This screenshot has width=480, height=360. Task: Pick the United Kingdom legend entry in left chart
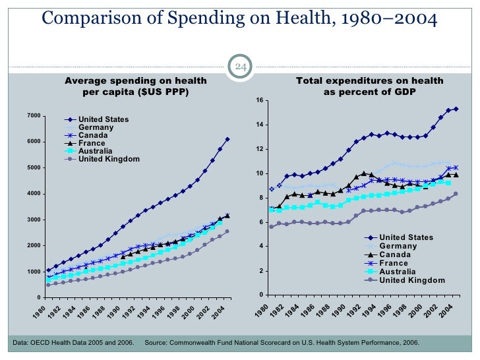[108, 159]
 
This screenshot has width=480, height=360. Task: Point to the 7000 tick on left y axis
[32, 116]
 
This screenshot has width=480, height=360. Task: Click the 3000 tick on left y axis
[32, 220]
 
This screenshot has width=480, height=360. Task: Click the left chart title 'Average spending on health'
[135, 81]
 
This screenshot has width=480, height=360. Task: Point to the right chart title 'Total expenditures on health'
[369, 81]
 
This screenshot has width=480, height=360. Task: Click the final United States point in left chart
[227, 139]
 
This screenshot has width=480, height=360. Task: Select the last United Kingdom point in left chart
[227, 231]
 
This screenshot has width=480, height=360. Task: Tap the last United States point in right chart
[456, 109]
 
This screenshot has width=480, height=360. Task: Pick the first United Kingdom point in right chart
[271, 227]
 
